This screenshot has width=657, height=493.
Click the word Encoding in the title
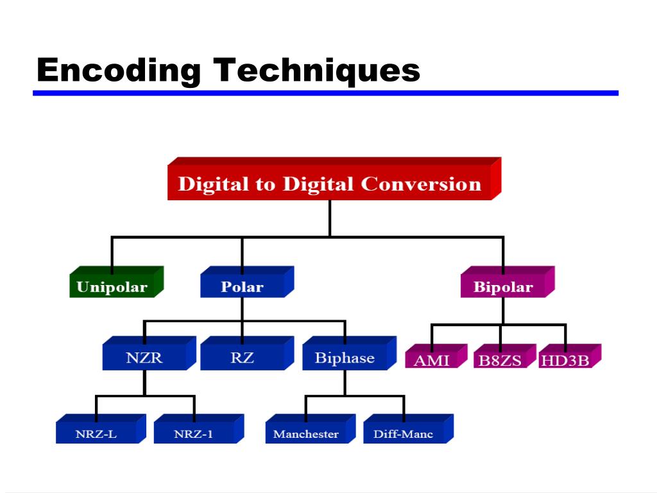pyautogui.click(x=118, y=70)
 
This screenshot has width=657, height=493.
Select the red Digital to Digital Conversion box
pyautogui.click(x=330, y=184)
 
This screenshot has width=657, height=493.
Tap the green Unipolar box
pyautogui.click(x=112, y=287)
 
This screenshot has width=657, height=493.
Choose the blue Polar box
pyautogui.click(x=242, y=287)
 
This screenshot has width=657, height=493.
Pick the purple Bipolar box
pyautogui.click(x=503, y=287)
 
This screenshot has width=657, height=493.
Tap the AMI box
pyautogui.click(x=432, y=359)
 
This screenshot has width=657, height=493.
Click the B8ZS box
pyautogui.click(x=500, y=359)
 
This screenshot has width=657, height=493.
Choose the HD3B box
pyautogui.click(x=565, y=359)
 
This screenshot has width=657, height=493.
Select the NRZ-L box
pyautogui.click(x=96, y=434)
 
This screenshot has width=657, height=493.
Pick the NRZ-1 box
pyautogui.click(x=194, y=434)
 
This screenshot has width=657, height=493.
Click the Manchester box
pyautogui.click(x=306, y=434)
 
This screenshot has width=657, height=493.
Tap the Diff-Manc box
pyautogui.click(x=404, y=434)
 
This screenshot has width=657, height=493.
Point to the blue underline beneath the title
pyautogui.click(x=325, y=93)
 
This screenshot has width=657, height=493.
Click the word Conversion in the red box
pyautogui.click(x=421, y=184)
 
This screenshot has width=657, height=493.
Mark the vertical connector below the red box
pyautogui.click(x=330, y=218)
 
